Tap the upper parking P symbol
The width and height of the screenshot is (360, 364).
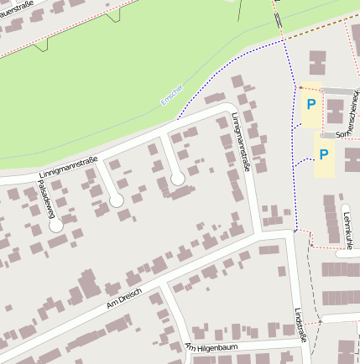pyautogui.click(x=310, y=105)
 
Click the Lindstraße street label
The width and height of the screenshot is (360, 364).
pyautogui.click(x=300, y=324)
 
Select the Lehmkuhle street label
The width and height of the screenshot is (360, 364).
pyautogui.click(x=347, y=228)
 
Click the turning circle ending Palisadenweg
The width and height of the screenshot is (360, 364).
pyautogui.click(x=55, y=225)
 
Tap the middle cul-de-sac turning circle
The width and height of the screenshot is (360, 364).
pyautogui.click(x=116, y=200)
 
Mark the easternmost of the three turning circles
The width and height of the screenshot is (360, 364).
pyautogui.click(x=177, y=178)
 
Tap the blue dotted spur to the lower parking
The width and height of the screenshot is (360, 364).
pyautogui.click(x=304, y=159)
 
